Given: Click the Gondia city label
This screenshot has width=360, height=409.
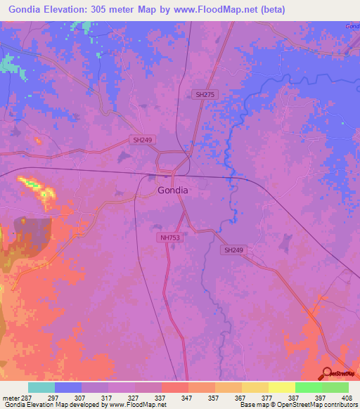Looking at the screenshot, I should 172,190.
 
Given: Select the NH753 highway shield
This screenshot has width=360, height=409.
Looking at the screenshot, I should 171,238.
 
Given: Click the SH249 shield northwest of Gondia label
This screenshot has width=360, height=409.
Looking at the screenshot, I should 142,140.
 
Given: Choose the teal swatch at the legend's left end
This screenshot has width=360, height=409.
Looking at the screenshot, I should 41,387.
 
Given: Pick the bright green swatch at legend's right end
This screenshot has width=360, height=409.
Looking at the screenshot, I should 335,387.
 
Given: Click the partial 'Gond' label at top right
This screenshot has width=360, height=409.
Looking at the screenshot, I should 352,26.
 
